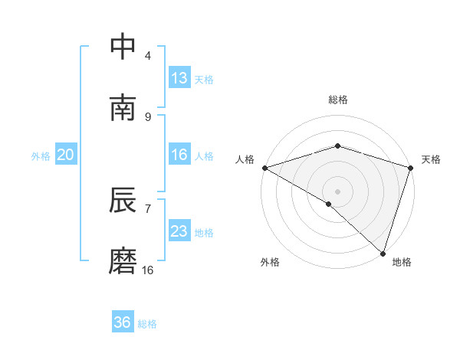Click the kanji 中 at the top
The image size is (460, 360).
[x=123, y=47]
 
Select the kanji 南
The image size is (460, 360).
[x=123, y=107]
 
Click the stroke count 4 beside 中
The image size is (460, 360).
[x=148, y=56]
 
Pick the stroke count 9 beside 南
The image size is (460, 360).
[x=148, y=116]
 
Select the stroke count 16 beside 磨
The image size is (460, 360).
[x=148, y=270]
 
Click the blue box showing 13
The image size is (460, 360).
[x=179, y=78]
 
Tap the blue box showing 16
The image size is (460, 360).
[x=179, y=155]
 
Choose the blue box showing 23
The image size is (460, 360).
[x=179, y=231]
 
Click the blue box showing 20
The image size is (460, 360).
[x=66, y=155]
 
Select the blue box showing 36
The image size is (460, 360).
[x=123, y=322]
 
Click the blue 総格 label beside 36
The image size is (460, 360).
[x=147, y=324]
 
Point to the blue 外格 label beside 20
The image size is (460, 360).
[x=41, y=155]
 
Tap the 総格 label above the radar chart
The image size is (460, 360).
[x=338, y=100]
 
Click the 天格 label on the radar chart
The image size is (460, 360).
[x=431, y=159]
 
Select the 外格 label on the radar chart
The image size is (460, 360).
[x=270, y=262]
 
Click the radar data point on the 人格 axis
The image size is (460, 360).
[x=264, y=168]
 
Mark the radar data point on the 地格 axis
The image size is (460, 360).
[x=383, y=253]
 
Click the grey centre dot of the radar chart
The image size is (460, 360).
[x=338, y=191]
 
